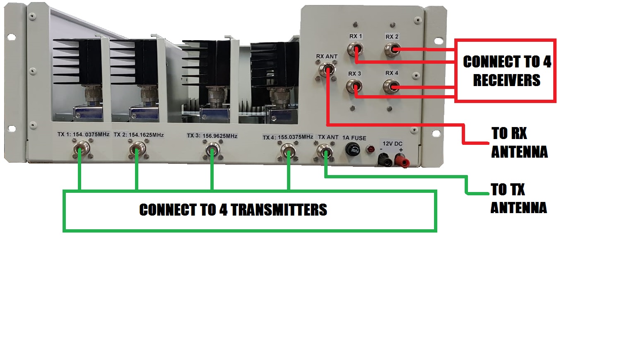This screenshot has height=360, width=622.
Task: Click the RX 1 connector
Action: [355, 50]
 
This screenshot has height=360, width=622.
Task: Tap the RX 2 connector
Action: [392, 50]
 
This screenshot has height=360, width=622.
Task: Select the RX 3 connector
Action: [354, 87]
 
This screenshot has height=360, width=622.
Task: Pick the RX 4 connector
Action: [391, 86]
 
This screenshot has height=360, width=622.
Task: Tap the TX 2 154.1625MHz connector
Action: [137, 149]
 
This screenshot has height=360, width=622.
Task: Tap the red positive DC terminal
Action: [400, 158]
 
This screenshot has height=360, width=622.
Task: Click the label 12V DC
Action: [392, 144]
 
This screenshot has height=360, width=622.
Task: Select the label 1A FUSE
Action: [354, 138]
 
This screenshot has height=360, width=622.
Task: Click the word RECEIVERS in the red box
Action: [506, 80]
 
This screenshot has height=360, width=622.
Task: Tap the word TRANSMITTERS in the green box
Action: [279, 210]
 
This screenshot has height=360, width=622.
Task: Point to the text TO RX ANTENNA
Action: [519, 143]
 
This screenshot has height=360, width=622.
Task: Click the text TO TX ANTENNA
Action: [518, 199]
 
